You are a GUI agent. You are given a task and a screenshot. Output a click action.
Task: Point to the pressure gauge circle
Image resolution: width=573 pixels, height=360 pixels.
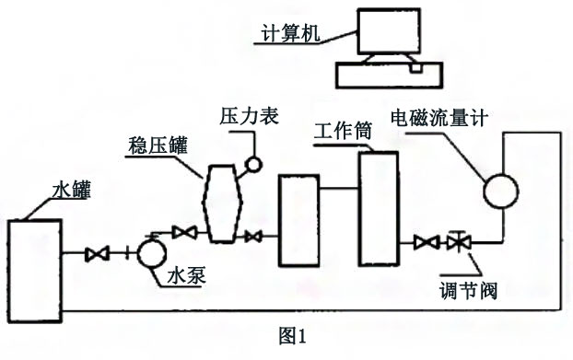tap(251, 165)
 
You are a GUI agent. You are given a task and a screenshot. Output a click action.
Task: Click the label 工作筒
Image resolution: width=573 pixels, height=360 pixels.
tap(343, 130)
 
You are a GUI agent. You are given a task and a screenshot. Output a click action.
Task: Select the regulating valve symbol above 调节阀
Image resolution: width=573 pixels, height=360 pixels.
tap(457, 243)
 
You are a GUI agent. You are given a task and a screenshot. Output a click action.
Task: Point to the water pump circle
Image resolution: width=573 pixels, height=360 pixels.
tap(150, 250)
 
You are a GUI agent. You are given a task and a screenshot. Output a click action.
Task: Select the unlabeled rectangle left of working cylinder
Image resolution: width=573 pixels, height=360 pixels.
tap(298, 213)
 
